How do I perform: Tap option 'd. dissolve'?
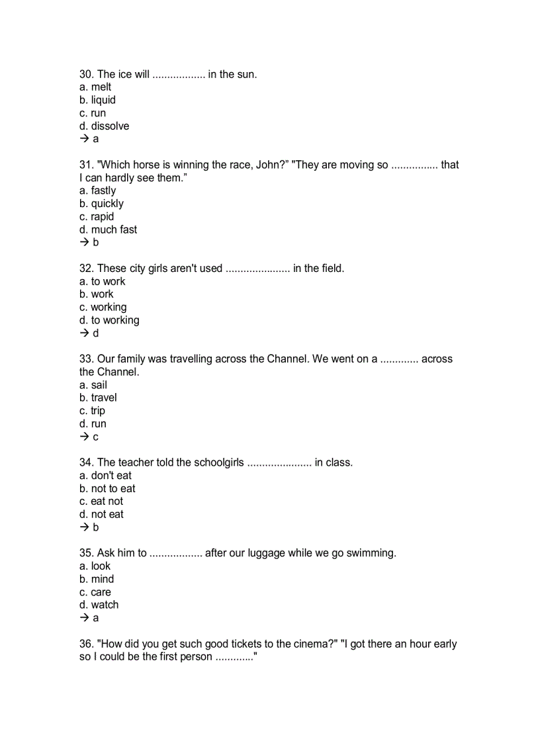coord(104,126)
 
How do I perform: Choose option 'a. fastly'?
coord(97,191)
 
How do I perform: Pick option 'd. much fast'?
coord(108,230)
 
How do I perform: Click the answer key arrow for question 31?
coord(84,242)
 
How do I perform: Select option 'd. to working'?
coord(109,320)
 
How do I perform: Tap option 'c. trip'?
coord(92,411)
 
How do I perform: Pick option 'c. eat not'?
coord(101,502)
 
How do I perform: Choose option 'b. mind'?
coord(97,579)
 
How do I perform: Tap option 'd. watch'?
coord(99,605)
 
